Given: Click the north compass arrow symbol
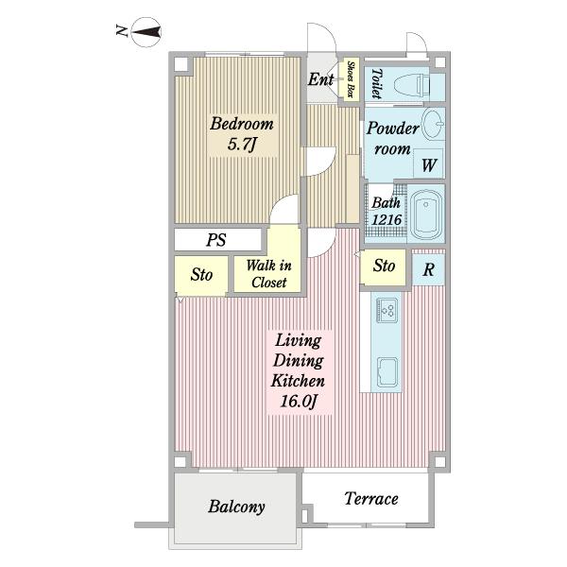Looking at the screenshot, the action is coord(146,32).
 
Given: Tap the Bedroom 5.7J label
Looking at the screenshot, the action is coord(242,133).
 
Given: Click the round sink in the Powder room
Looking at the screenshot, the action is coord(433,124).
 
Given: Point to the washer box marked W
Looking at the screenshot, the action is coord(428,163).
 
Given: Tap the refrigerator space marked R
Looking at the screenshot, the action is coord(428,269).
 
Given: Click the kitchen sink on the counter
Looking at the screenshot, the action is coord(387,372).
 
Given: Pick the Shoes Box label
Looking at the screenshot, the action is coord(350,79).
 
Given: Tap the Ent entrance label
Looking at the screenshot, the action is coord(320,79).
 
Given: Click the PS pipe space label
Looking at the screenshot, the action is coord(216,240).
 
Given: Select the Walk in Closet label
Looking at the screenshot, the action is coord(268,274).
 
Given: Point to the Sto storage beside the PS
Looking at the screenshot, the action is coord(201,274).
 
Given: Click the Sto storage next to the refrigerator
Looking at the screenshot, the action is coord(384,266).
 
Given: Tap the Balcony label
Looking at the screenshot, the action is coord(236,507).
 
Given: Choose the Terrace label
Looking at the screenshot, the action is coord(371,499).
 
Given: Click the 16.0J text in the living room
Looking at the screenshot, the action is coord(299,401).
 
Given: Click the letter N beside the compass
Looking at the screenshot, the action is coord(122,30).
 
